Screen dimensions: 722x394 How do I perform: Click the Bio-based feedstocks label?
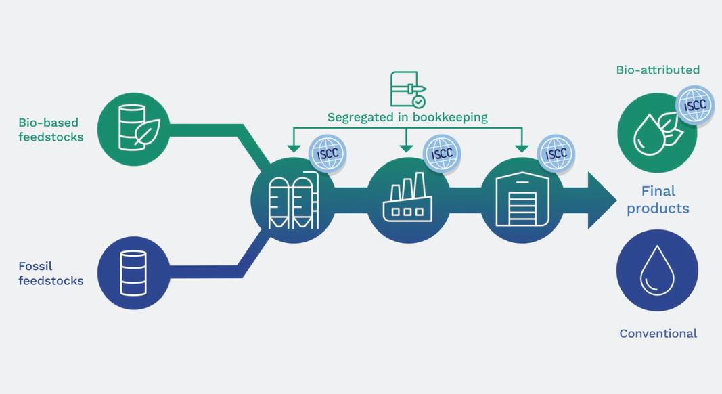click(51, 129)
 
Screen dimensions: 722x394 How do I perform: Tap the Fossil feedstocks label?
click(51, 273)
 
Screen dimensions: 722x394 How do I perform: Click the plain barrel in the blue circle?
click(133, 273)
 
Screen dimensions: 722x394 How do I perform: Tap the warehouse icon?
click(522, 198)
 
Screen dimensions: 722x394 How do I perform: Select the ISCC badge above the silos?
click(328, 154)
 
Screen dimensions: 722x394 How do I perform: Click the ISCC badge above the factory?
click(442, 154)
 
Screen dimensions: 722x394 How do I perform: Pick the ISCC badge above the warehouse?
click(556, 154)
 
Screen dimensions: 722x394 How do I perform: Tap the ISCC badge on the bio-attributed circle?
click(694, 105)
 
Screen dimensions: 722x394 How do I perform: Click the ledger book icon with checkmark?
click(408, 89)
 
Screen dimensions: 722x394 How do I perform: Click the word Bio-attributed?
click(658, 70)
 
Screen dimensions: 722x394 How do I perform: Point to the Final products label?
click(658, 200)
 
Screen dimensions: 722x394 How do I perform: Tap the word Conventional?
click(658, 334)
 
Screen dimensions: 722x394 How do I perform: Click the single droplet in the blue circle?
click(657, 271)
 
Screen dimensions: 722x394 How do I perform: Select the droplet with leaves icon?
click(658, 133)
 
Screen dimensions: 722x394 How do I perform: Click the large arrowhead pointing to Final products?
click(602, 200)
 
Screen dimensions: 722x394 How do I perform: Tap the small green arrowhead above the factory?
click(406, 148)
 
